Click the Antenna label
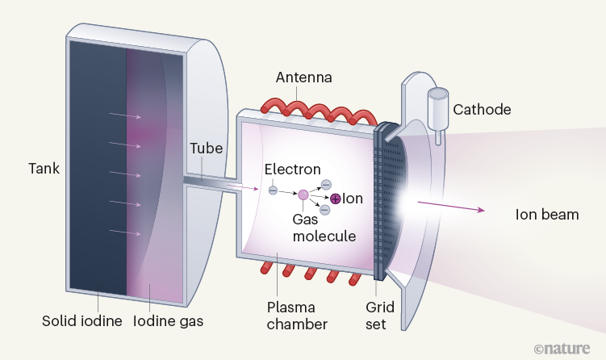pyautogui.click(x=304, y=77)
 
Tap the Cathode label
pyautogui.click(x=483, y=108)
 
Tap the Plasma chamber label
pyautogui.click(x=297, y=317)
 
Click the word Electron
pyautogui.click(x=293, y=170)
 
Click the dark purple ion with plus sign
pyautogui.click(x=336, y=199)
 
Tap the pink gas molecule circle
pyautogui.click(x=303, y=194)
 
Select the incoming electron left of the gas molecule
pyautogui.click(x=273, y=190)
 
